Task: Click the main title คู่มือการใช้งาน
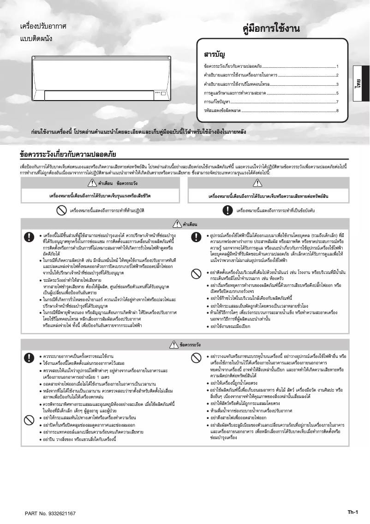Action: coord(271,29)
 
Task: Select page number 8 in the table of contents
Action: coord(338,111)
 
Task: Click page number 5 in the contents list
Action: coord(338,93)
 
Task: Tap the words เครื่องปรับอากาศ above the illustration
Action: coord(43,27)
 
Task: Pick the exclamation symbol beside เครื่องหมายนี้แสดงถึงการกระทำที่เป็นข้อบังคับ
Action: coord(227,210)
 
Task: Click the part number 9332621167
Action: coord(50,513)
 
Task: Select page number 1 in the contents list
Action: coord(338,66)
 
